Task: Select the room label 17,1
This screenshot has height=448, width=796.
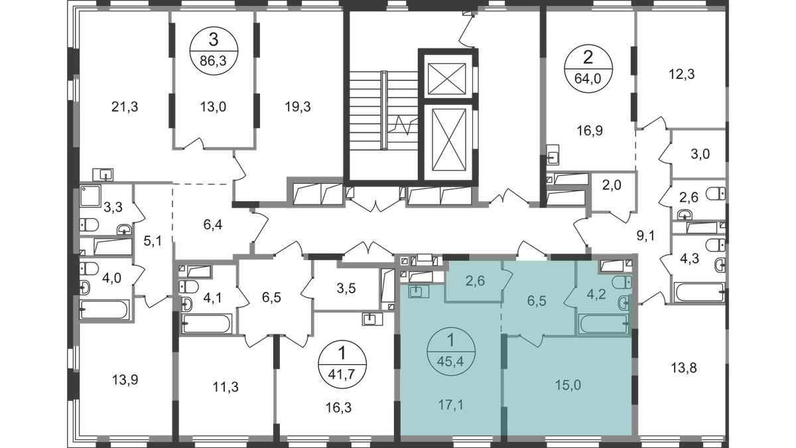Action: point(450,403)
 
